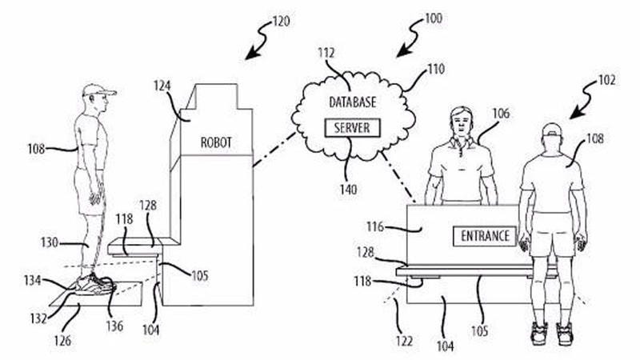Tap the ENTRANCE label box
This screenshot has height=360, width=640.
pyautogui.click(x=485, y=236)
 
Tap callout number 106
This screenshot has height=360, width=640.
pyautogui.click(x=501, y=114)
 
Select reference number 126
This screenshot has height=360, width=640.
pyautogui.click(x=62, y=340)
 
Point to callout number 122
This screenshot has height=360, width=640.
pyautogui.click(x=404, y=341)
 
